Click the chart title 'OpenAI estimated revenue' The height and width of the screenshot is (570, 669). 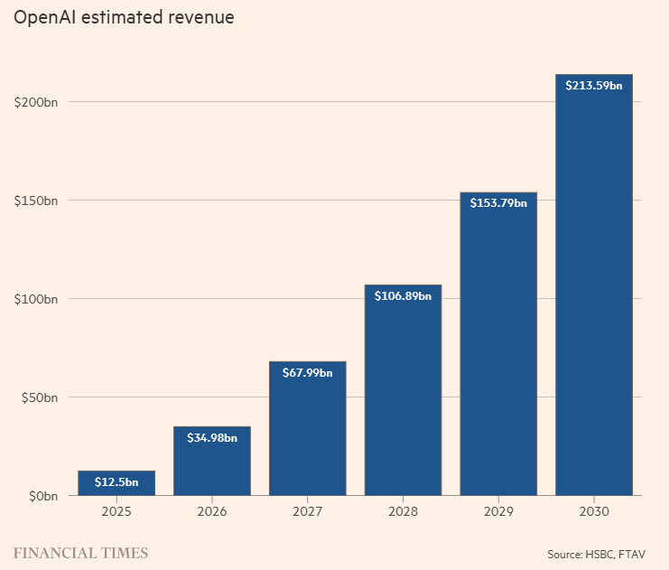pyautogui.click(x=124, y=17)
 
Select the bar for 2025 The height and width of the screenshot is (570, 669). pyautogui.click(x=116, y=483)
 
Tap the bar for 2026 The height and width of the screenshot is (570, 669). pyautogui.click(x=212, y=461)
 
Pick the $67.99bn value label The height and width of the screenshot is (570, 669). pyautogui.click(x=307, y=373)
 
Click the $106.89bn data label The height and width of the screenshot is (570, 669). pyautogui.click(x=403, y=296)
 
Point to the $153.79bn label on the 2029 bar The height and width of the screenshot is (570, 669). pyautogui.click(x=498, y=203)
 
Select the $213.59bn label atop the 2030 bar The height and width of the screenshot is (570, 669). pyautogui.click(x=594, y=86)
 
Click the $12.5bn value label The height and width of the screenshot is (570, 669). pyautogui.click(x=116, y=482)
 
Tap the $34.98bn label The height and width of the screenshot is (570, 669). pyautogui.click(x=212, y=437)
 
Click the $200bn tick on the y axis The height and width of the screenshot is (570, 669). pyautogui.click(x=36, y=102)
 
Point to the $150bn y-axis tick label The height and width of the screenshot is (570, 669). pyautogui.click(x=36, y=201)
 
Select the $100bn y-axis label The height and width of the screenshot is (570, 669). pyautogui.click(x=36, y=299)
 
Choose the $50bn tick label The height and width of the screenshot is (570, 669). pyautogui.click(x=39, y=398)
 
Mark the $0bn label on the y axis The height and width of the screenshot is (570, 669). pyautogui.click(x=43, y=496)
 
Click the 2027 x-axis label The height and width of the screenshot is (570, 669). pyautogui.click(x=307, y=511)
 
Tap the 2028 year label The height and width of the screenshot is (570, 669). pyautogui.click(x=403, y=511)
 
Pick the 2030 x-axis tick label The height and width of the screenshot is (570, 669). pyautogui.click(x=594, y=511)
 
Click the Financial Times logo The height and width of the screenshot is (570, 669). pyautogui.click(x=80, y=554)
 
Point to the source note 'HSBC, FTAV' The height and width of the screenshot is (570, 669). pyautogui.click(x=615, y=555)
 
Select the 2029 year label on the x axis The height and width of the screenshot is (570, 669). pyautogui.click(x=498, y=511)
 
